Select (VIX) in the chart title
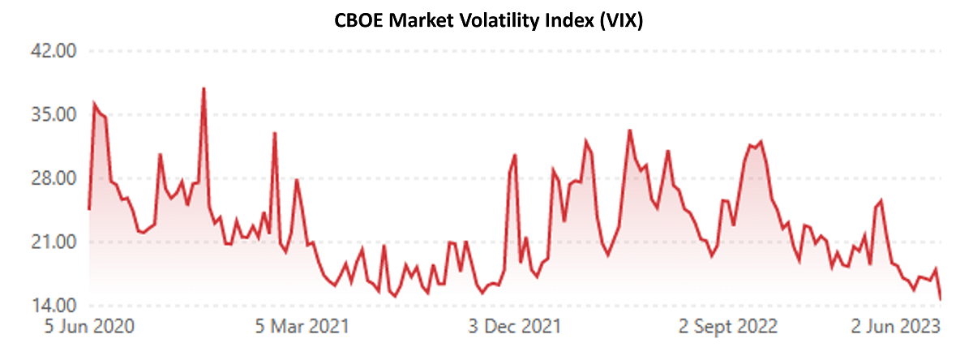[x=620, y=22]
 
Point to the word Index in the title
[x=564, y=22]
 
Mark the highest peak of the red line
[x=204, y=88]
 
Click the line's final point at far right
[x=941, y=299]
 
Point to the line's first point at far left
[x=88, y=209]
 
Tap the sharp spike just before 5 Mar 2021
[x=275, y=133]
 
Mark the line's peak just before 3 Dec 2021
[x=515, y=155]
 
